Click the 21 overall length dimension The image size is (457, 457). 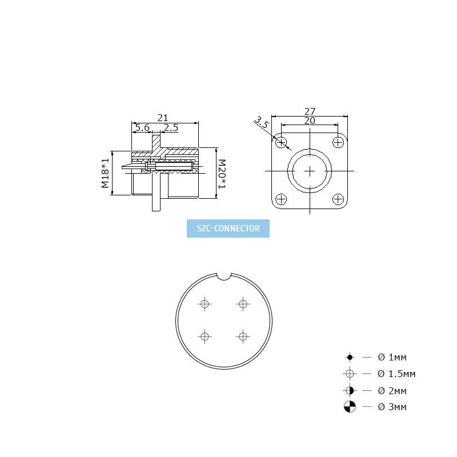(163, 118)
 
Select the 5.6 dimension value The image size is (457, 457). (142, 127)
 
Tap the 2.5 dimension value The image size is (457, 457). (171, 127)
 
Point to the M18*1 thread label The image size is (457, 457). (105, 173)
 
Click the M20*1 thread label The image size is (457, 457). (222, 174)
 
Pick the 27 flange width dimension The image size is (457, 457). (310, 111)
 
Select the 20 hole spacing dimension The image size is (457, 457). (310, 121)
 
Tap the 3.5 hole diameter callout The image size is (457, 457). (261, 122)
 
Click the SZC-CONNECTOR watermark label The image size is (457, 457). (228, 228)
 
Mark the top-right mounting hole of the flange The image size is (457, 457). (338, 142)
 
